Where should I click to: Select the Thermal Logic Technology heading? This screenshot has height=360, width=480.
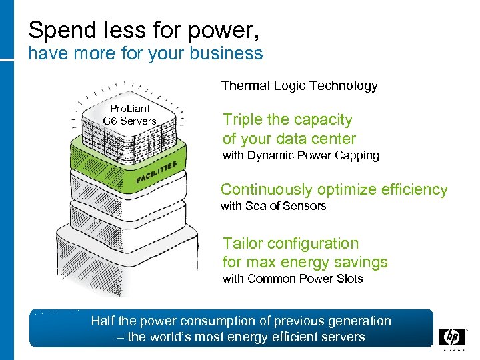click(299, 85)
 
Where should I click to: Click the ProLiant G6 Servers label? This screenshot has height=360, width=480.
click(129, 115)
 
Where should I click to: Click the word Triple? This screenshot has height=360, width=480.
click(243, 120)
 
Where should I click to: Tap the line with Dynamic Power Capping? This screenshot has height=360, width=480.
click(301, 156)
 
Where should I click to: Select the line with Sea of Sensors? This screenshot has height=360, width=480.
click(273, 206)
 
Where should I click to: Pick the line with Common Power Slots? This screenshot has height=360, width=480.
click(293, 279)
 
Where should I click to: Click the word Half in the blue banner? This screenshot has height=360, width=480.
click(104, 321)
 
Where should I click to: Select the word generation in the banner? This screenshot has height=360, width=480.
click(358, 321)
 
